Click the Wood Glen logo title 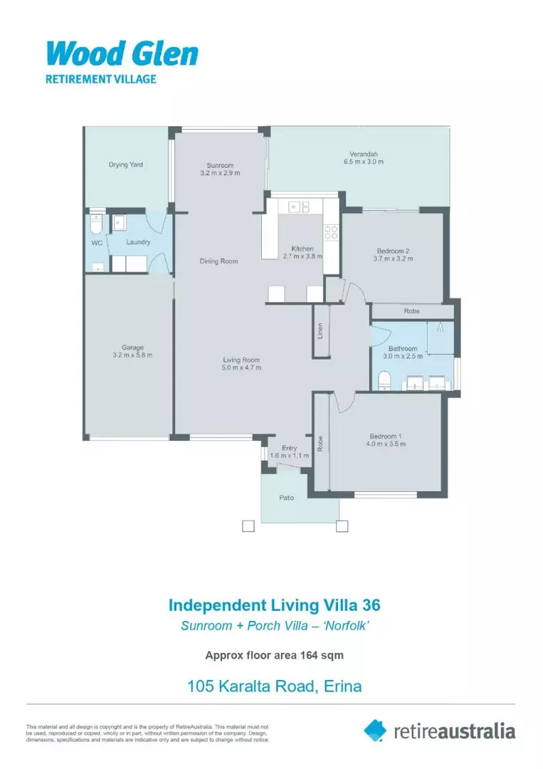tap(122, 53)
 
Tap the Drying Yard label tap(126, 164)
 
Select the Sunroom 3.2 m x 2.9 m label tap(220, 169)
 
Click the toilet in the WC tap(98, 224)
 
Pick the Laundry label tap(138, 242)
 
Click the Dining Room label tap(218, 261)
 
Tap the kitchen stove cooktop tap(331, 231)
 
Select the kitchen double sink tap(298, 207)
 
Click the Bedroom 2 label tap(393, 251)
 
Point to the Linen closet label tap(321, 331)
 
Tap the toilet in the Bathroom tap(384, 380)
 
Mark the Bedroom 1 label tap(387, 436)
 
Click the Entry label tap(289, 448)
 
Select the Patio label tap(286, 498)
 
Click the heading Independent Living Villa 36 tap(274, 605)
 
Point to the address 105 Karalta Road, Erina tap(274, 686)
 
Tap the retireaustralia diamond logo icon tap(375, 730)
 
